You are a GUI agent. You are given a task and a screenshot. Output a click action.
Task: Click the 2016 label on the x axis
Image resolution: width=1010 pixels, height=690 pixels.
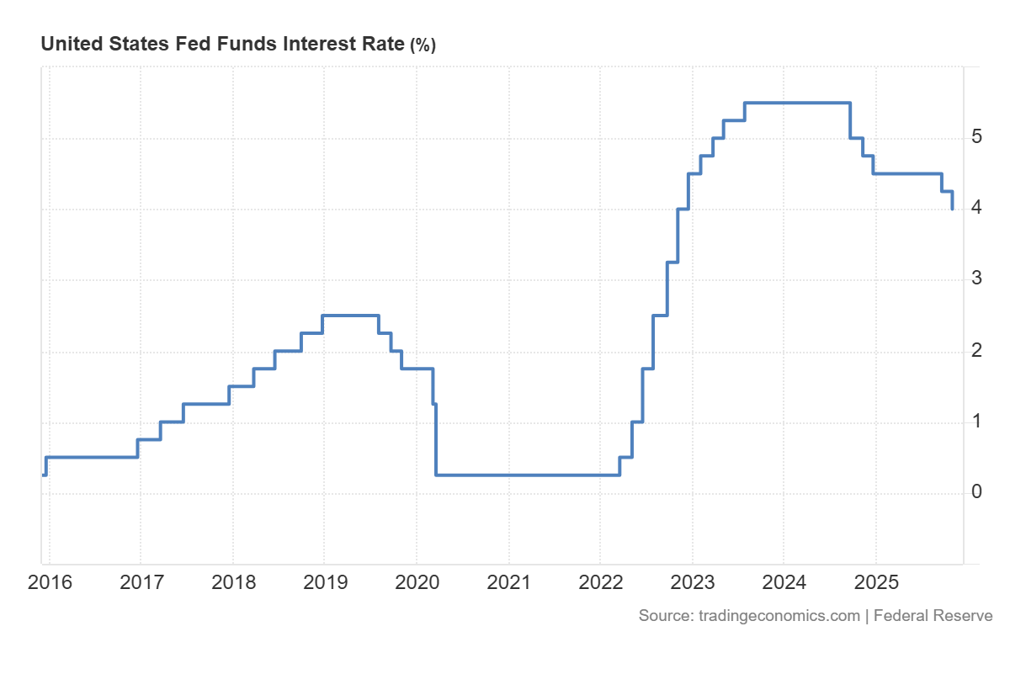(x=50, y=582)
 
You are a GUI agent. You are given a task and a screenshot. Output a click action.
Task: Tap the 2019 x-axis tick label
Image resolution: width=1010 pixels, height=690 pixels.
(x=324, y=582)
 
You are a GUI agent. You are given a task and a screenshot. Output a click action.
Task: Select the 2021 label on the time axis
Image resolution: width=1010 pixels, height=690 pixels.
(x=508, y=582)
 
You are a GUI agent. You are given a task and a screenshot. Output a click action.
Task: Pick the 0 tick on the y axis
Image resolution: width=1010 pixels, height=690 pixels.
(x=976, y=491)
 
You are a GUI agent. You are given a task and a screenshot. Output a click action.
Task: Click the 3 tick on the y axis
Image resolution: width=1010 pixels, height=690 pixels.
(x=976, y=278)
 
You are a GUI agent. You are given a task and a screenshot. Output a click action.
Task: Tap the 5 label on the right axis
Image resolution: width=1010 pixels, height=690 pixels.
(x=976, y=136)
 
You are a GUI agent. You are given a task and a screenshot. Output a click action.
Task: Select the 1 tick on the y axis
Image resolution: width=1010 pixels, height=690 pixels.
(x=976, y=421)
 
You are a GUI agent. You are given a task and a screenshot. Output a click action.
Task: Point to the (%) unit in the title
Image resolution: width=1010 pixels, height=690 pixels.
(x=423, y=45)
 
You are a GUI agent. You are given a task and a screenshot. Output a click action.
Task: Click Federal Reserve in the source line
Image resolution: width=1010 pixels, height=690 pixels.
(x=933, y=616)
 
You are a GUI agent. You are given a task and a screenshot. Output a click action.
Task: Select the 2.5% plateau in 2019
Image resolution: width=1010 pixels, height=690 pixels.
(x=350, y=316)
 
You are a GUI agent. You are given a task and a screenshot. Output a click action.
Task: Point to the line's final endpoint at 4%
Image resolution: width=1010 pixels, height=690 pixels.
(x=952, y=208)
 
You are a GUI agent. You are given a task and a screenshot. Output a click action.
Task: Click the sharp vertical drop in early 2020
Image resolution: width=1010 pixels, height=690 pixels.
(x=436, y=438)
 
